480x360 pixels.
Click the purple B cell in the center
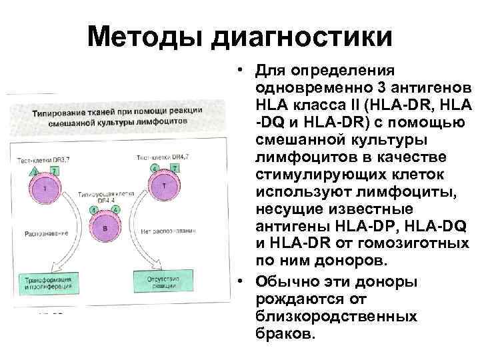(105, 228)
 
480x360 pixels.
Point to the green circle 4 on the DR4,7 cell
(155, 168)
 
